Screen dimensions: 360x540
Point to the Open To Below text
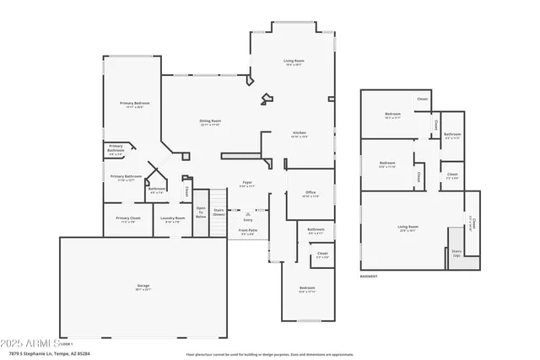pos(201,212)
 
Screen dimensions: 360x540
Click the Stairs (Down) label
pos(219,212)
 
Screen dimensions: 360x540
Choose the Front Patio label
pos(249,232)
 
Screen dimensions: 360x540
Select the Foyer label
pos(247,183)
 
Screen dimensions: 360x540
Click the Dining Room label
pos(210,123)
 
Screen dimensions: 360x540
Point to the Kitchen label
pos(299,134)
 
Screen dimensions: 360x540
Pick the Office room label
pos(310,194)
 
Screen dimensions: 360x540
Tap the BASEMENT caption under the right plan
pos(369,276)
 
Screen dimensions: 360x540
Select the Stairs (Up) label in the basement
pos(456,251)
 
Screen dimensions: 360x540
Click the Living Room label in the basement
pos(408,228)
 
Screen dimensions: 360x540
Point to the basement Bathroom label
pos(452,135)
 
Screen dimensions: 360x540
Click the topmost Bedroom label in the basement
pos(393,115)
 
